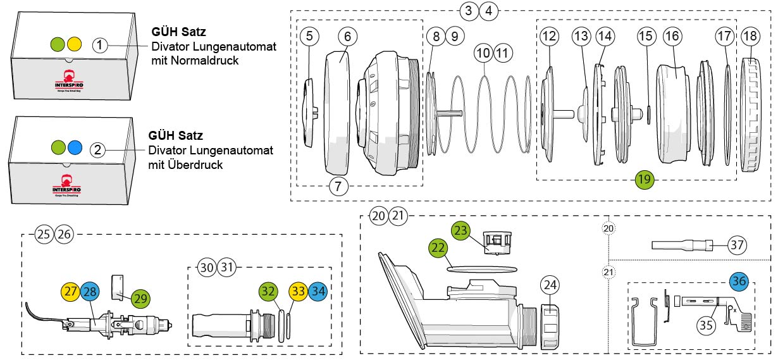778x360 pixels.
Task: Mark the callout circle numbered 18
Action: coord(750,36)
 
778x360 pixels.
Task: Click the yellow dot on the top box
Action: coord(74,44)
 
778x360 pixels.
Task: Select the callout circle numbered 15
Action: coord(645,36)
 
